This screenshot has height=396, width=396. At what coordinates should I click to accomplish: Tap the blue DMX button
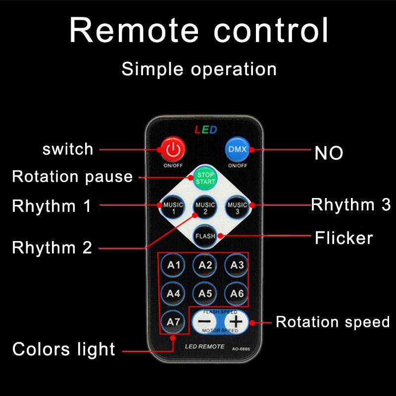(x=237, y=148)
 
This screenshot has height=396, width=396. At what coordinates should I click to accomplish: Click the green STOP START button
(x=205, y=178)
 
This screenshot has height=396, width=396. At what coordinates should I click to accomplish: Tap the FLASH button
(x=205, y=236)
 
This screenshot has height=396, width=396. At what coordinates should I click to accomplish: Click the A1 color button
(x=173, y=265)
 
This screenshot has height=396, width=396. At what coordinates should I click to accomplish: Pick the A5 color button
(x=205, y=293)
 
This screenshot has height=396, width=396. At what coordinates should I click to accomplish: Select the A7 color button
(x=173, y=322)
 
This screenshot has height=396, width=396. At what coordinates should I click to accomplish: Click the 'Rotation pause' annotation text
(x=72, y=177)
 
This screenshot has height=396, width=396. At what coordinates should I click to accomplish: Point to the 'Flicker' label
(x=344, y=238)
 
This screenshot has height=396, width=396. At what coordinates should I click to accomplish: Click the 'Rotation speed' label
(x=333, y=322)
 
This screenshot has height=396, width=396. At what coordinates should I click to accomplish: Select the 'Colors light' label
(x=64, y=349)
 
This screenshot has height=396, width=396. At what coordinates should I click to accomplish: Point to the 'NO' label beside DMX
(x=329, y=153)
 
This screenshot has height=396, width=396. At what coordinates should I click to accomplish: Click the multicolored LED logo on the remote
(x=205, y=130)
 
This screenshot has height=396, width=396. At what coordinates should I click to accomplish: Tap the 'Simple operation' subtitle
(x=199, y=69)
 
